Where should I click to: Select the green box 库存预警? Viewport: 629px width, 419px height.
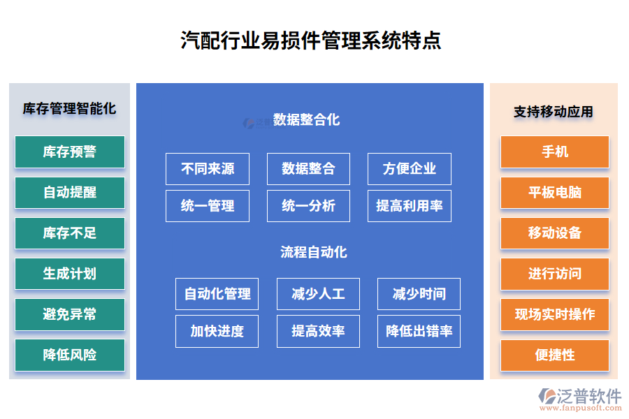pyautogui.click(x=69, y=152)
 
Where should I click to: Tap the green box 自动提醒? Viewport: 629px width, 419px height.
pyautogui.click(x=69, y=192)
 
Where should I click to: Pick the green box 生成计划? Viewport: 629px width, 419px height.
pyautogui.click(x=69, y=274)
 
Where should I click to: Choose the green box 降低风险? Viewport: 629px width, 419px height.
pyautogui.click(x=69, y=355)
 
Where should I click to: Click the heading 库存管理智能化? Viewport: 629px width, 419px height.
pyautogui.click(x=69, y=109)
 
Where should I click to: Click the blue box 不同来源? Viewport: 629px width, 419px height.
pyautogui.click(x=208, y=168)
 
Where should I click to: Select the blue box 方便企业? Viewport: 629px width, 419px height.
pyautogui.click(x=410, y=168)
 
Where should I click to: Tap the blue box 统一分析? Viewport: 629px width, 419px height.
pyautogui.click(x=308, y=206)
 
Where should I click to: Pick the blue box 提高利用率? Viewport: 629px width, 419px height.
pyautogui.click(x=410, y=206)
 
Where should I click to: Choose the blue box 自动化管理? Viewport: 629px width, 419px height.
pyautogui.click(x=217, y=293)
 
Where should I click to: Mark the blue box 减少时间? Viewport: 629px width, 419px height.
pyautogui.click(x=419, y=293)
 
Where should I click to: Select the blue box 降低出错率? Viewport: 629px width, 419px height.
pyautogui.click(x=419, y=331)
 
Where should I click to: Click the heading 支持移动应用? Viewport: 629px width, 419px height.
pyautogui.click(x=554, y=112)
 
